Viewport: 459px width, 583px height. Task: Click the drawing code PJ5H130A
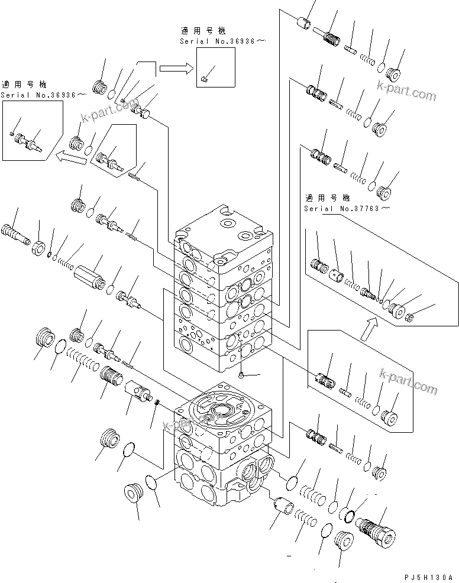pos(428,576)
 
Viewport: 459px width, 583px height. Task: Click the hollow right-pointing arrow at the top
pos(176,68)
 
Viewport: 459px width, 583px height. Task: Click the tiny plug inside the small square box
pos(204,77)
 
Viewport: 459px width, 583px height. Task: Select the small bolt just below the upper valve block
pos(243,374)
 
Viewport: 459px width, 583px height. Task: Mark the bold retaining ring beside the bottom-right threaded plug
pos(351,514)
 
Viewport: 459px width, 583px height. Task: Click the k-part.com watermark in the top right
pos(406,94)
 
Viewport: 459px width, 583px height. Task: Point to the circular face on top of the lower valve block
pos(221,410)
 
